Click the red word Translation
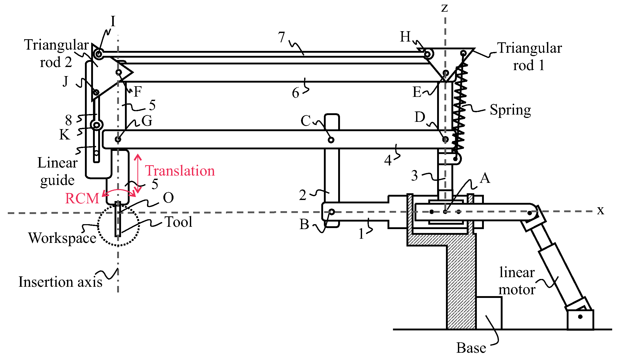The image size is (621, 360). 180,171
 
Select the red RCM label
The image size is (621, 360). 82,198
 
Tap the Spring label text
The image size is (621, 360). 510,110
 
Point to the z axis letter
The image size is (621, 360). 445,8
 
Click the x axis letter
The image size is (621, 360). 600,210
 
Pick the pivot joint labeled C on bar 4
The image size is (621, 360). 331,140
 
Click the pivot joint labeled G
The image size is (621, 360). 118,139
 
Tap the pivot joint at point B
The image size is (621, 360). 332,212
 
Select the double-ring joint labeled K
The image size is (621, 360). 96,125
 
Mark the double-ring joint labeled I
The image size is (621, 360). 98,54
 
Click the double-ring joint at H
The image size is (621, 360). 428,54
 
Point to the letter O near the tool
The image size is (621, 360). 168,198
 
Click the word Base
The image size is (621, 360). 471,348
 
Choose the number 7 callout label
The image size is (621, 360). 282,37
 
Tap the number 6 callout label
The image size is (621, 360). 296,93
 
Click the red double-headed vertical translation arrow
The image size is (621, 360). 138,174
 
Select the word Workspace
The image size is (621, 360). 62,238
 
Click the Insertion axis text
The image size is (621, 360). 60,282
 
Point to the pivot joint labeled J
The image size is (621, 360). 96,92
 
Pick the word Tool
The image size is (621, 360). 179,222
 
